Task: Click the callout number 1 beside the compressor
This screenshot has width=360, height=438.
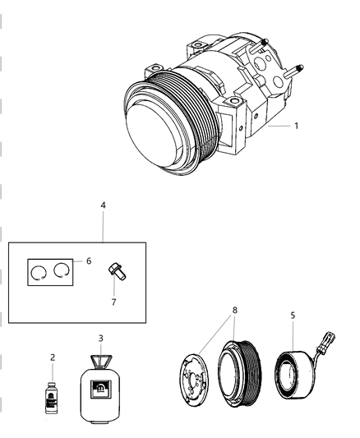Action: click(297, 127)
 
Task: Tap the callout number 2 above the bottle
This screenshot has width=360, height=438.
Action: click(53, 358)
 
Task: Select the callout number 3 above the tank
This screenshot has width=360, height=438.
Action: click(100, 338)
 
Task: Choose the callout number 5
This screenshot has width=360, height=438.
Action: click(293, 315)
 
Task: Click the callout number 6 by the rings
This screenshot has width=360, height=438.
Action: click(88, 260)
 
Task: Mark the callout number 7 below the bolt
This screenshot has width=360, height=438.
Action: click(114, 302)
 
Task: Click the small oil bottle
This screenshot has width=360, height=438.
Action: click(53, 392)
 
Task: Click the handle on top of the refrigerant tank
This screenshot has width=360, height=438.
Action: click(101, 361)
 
